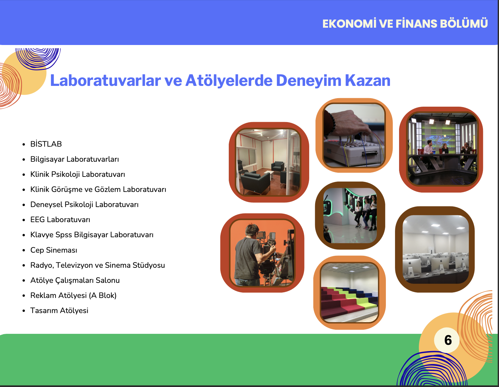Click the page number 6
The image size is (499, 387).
point(448,340)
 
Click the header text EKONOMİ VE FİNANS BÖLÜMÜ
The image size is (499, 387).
point(405,24)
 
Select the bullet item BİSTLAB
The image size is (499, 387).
point(46,144)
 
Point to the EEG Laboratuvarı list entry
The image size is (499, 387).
point(60,220)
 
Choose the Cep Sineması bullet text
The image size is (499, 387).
point(54,250)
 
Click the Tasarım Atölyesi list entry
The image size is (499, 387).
point(59,311)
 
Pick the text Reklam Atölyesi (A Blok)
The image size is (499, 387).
point(74,295)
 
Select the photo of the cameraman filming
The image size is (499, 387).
point(262,253)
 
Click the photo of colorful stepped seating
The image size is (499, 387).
point(349,293)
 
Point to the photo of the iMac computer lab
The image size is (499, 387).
point(436,249)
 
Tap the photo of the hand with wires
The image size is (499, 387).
point(354,135)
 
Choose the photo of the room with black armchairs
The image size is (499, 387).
point(268,162)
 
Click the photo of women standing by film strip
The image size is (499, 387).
point(350,216)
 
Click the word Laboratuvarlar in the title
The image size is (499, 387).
point(106,81)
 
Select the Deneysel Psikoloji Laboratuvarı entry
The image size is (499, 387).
point(84,205)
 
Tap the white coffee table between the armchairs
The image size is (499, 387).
point(269,174)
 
